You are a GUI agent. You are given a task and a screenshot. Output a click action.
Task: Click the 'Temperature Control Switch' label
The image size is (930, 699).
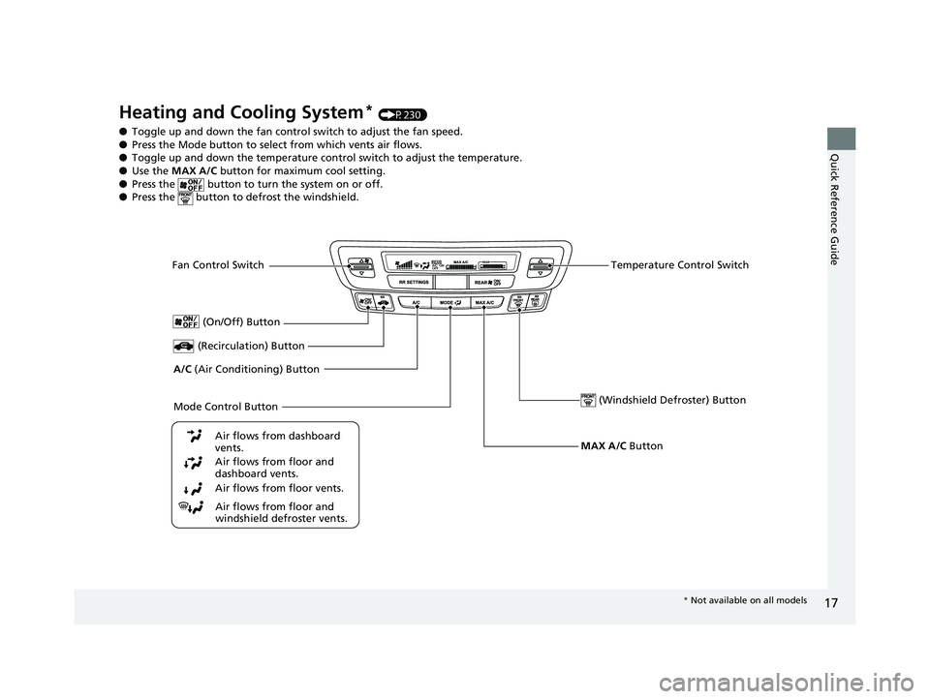pyautogui.click(x=679, y=265)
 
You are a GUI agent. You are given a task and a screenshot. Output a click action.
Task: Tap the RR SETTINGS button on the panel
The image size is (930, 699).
pyautogui.click(x=414, y=282)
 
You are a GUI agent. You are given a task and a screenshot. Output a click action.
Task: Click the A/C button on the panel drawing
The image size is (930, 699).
pyautogui.click(x=416, y=303)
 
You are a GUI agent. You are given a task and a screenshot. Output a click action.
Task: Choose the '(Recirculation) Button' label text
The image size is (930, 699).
pyautogui.click(x=251, y=346)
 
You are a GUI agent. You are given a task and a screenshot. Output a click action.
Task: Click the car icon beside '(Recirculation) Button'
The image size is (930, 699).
pyautogui.click(x=183, y=346)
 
